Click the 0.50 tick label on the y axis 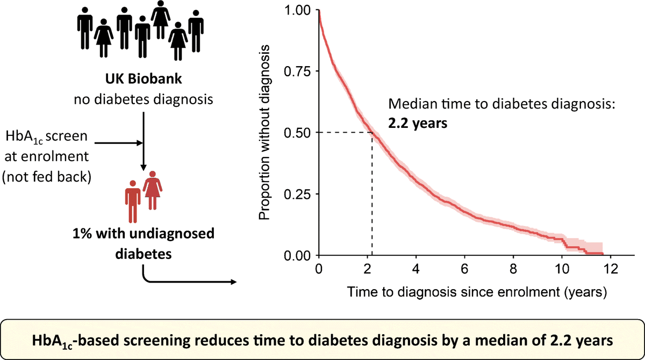tap(297, 132)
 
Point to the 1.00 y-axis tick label tap(297, 10)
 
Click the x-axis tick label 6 tap(465, 268)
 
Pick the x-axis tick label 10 tap(563, 268)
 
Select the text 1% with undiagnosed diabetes tap(142, 243)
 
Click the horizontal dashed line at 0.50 tap(344, 132)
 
